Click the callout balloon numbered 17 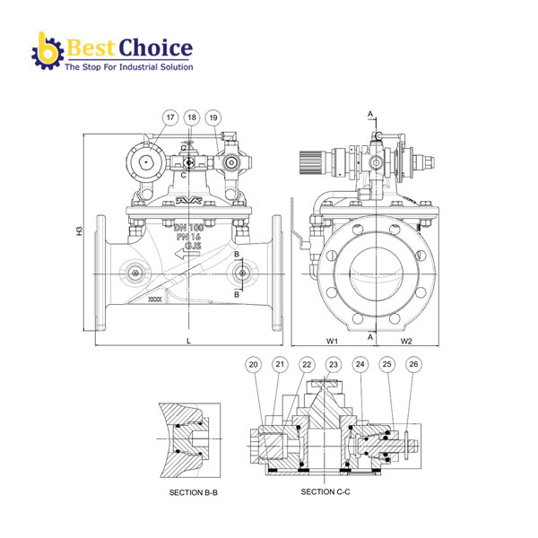[170, 117]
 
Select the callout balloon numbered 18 [192, 117]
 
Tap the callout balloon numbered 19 [213, 117]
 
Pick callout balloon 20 [253, 364]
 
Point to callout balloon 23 [334, 364]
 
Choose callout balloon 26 [413, 364]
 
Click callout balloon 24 [360, 364]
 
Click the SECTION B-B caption [193, 492]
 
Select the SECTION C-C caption [325, 492]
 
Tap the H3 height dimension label [80, 231]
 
